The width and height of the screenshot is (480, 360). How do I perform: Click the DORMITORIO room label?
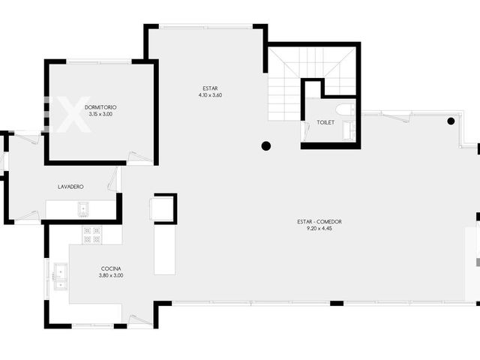(x=100, y=107)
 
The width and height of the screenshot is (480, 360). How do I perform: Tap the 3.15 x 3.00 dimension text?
(x=100, y=114)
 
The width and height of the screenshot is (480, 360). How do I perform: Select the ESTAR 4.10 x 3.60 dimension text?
(x=210, y=95)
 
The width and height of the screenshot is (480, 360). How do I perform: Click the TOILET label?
(x=325, y=122)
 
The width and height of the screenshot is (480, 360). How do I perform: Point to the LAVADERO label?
(x=70, y=187)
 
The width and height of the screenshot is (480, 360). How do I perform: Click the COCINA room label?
(x=111, y=268)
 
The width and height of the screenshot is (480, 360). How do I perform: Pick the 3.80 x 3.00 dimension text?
(x=111, y=275)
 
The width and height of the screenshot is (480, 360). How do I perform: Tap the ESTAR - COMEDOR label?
(x=319, y=222)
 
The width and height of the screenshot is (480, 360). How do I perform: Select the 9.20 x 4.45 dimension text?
(x=319, y=228)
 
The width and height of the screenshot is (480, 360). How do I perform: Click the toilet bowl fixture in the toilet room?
(x=346, y=110)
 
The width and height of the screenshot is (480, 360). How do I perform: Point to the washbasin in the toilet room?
(x=349, y=131)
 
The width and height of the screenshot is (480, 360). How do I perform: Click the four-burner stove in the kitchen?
(x=91, y=235)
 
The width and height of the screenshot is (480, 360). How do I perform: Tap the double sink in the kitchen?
(x=61, y=277)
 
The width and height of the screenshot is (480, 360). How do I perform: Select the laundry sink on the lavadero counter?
(x=83, y=209)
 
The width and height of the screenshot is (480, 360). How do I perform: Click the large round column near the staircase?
(x=266, y=146)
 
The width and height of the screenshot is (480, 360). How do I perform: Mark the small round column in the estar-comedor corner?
(x=451, y=121)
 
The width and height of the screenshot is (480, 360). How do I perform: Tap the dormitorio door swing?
(x=139, y=157)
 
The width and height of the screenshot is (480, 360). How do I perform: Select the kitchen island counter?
(x=165, y=250)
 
